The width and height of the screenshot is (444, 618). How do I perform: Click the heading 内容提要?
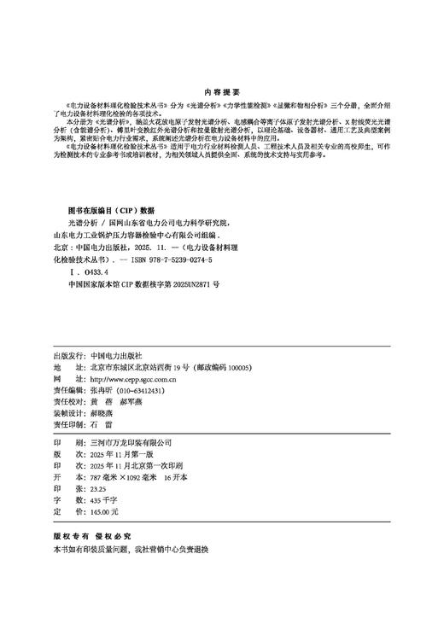point(222,90)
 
